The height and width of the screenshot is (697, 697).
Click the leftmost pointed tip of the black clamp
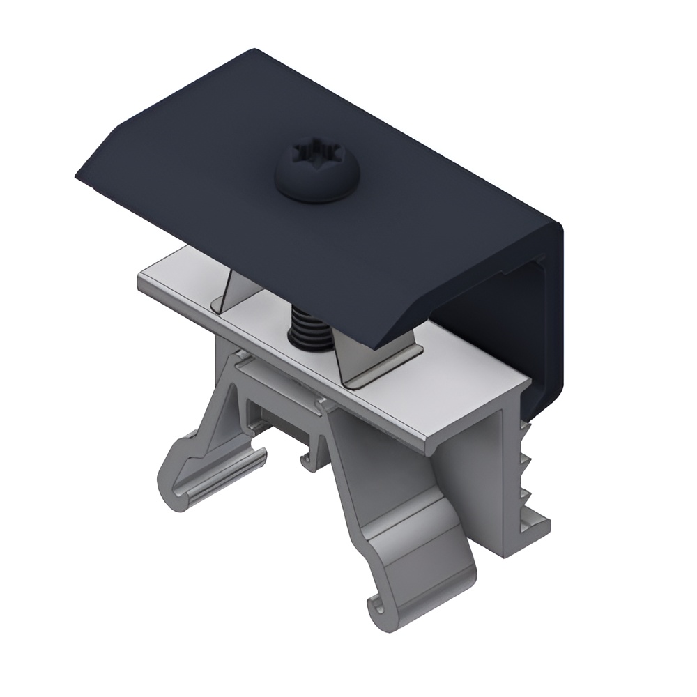tap(77, 174)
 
